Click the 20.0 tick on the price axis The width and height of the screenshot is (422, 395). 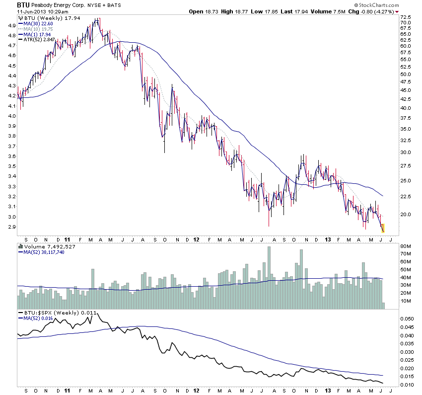tap(406, 215)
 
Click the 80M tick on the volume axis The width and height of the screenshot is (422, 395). tap(407, 246)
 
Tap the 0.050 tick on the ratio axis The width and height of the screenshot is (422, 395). tap(408, 318)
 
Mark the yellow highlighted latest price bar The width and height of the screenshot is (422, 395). tap(383, 229)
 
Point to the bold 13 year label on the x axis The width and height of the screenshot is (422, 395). tap(328, 238)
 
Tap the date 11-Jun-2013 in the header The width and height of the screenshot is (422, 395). tap(30, 11)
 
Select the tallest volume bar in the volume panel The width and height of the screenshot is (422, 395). tap(269, 271)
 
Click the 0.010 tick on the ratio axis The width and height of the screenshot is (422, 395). tap(408, 385)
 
